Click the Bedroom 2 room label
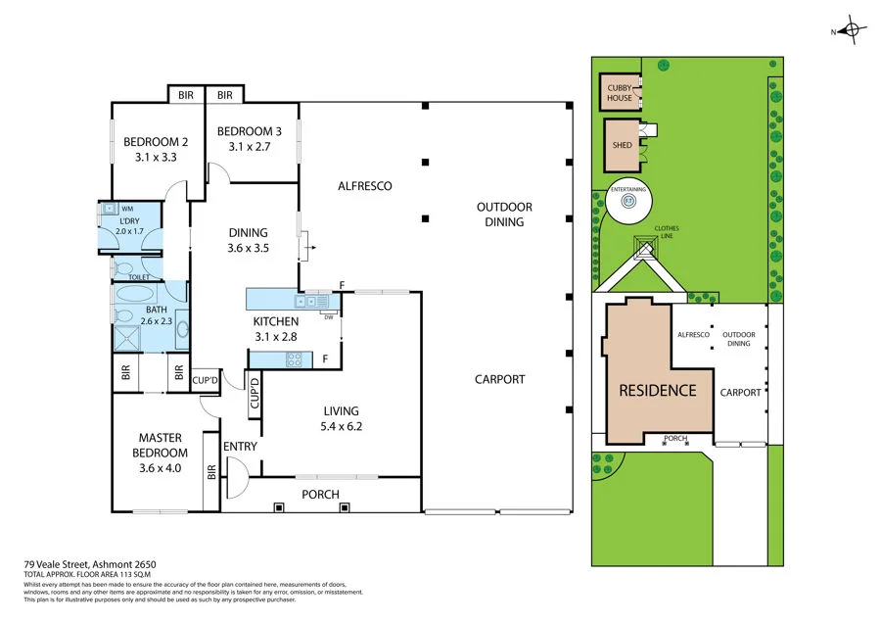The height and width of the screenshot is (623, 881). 155,141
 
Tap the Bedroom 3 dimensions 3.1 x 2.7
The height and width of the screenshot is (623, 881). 250,147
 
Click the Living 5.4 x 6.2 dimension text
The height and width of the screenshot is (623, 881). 341,427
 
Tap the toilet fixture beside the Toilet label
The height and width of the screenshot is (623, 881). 124,266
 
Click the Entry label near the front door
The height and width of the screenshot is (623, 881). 240,447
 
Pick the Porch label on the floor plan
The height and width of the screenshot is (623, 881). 320,495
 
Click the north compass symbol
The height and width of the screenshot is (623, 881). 852,31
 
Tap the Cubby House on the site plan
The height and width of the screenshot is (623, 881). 619,92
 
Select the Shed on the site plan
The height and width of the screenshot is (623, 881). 622,145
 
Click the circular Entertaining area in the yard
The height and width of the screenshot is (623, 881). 629,202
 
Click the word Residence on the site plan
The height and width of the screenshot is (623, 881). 657,390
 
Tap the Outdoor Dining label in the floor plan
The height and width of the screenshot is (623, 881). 504,214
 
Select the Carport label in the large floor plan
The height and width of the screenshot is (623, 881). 499,379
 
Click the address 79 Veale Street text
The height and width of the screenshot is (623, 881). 90,564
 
